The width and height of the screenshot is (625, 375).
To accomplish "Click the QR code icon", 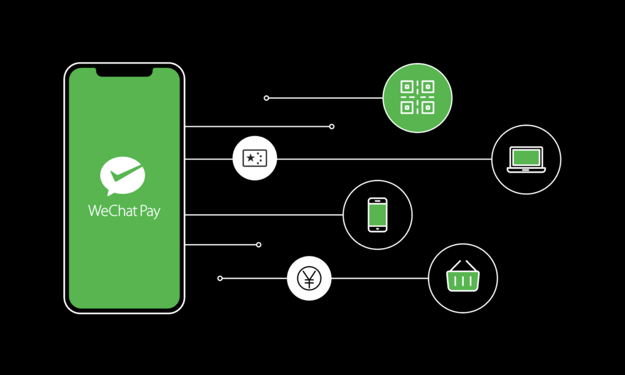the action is point(417,97).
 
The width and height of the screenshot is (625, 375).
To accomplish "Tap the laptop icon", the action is point(526,160).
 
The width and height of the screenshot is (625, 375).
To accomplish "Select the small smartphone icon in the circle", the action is point(377,215).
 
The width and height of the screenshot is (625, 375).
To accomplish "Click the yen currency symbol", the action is point(309,278).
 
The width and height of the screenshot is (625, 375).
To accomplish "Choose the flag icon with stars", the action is point(255,158).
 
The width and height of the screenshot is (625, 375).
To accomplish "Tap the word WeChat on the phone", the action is point(113,210).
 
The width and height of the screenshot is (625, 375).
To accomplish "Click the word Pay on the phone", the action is point(150,212).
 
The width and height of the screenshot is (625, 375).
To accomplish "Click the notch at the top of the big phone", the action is point(125,72).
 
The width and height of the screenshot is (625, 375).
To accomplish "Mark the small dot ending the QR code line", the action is point(266,98).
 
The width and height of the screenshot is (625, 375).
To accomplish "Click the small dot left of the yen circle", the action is point(220,278).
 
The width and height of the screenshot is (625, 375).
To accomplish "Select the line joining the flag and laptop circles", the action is point(385,159).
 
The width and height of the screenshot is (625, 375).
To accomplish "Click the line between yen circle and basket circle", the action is point(380,278).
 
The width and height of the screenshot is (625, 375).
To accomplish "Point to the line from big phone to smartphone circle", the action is point(264,215).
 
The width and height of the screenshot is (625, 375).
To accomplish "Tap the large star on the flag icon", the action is point(250,158).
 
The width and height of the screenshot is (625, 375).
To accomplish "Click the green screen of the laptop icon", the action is point(526,158).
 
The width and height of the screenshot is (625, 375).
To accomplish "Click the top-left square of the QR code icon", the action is point(406,87).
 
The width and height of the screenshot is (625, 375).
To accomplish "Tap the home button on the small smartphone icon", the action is point(377,229).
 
